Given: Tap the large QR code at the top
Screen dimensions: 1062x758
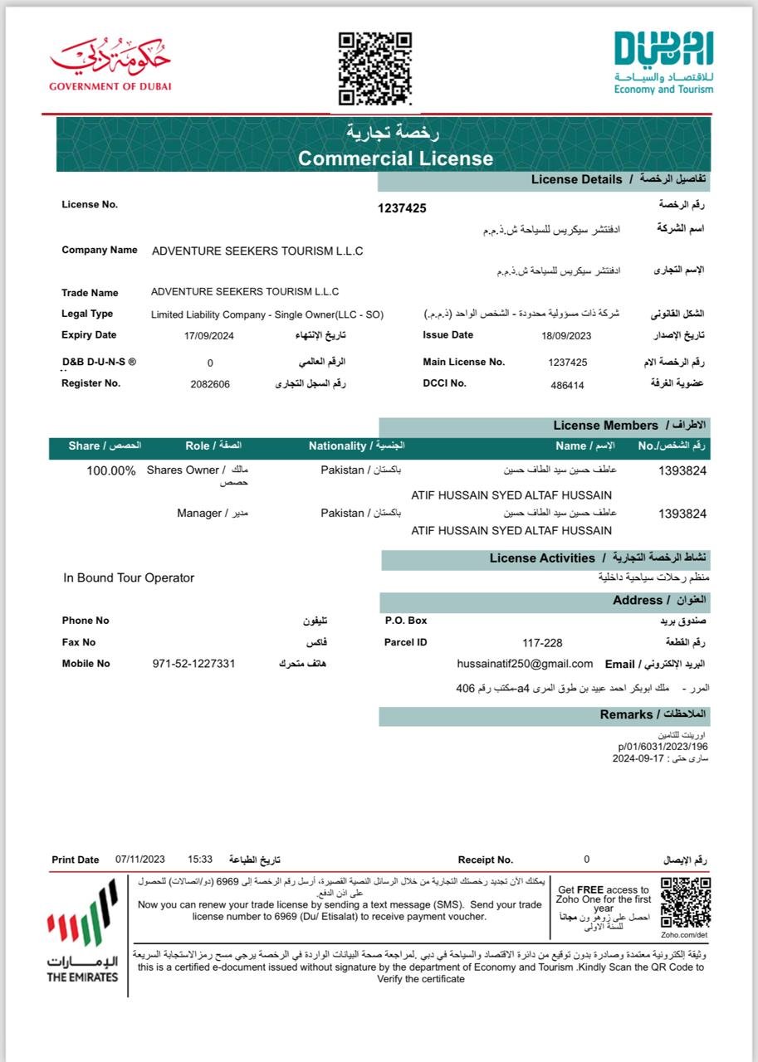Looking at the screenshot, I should pos(375,68).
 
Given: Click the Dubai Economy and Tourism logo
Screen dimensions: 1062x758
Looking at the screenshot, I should pos(663,62).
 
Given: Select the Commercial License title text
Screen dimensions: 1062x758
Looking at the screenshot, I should pos(395,158).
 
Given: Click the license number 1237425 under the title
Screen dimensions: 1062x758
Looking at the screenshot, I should pos(402,208).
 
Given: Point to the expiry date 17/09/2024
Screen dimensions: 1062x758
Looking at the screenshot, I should pos(208,336).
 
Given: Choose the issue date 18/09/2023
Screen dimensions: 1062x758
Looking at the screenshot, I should pos(567,336).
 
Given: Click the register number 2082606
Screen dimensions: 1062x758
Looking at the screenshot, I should pos(210,384).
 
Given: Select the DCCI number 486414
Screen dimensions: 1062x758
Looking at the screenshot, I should pos(567,385).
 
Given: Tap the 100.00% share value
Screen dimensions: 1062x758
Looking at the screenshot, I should pos(111,470).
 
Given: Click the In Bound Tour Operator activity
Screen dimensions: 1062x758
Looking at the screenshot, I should pos(129,578).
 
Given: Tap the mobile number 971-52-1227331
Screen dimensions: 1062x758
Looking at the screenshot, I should pos(194,664).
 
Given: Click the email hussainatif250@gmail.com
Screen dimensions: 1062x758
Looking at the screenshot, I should pos(525,664).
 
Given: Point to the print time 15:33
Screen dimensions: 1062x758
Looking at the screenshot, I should pos(201,860).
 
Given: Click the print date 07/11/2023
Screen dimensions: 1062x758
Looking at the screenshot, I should pos(141,860).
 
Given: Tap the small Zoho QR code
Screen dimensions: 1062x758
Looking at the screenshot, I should pos(685,902).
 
